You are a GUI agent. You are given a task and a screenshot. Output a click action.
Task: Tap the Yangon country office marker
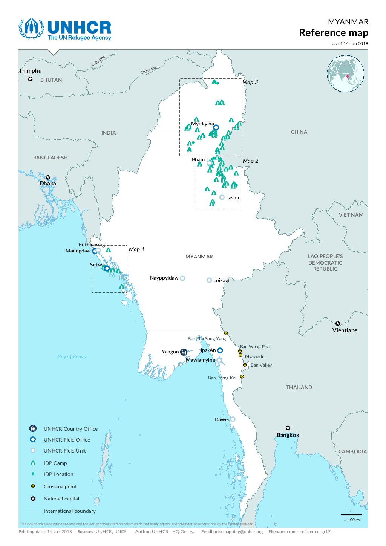tap(184, 352)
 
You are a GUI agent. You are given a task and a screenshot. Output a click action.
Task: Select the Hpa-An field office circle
tap(220, 350)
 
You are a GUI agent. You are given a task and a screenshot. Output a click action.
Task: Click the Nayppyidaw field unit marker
tap(182, 278)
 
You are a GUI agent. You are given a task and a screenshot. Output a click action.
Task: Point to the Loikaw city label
tap(221, 280)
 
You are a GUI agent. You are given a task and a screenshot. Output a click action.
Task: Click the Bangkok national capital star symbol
tap(288, 428)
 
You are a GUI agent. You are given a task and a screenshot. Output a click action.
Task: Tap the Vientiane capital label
tap(345, 330)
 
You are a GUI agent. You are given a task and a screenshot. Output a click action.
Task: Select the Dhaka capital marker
tap(48, 177)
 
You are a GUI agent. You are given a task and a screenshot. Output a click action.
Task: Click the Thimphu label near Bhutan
tap(30, 71)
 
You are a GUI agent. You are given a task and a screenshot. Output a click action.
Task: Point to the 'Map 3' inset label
tap(250, 82)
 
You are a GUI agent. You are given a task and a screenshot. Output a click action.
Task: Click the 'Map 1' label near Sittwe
tap(136, 249)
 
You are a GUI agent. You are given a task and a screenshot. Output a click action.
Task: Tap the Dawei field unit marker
tap(233, 419)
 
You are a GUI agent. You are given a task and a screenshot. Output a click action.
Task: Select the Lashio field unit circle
tap(222, 197)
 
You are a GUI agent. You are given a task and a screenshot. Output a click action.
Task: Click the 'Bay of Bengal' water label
tap(72, 356)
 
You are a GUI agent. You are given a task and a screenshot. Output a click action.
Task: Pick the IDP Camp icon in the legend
tap(33, 463)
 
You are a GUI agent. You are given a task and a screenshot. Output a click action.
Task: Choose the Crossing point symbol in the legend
tap(33, 486)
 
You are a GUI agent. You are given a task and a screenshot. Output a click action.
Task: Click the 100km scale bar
tap(351, 515)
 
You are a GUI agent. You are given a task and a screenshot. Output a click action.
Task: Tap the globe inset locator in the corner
tap(345, 74)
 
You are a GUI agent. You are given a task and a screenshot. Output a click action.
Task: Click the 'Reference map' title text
tap(333, 33)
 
